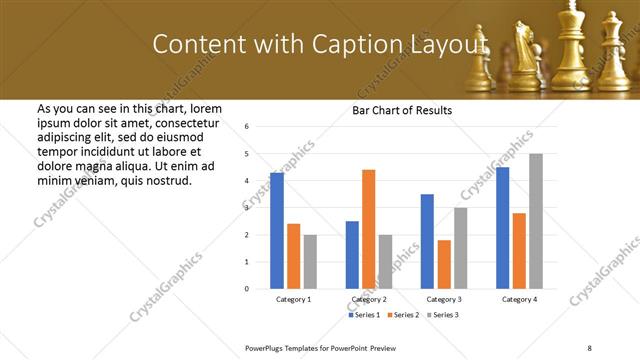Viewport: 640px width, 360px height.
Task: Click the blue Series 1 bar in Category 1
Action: [276, 230]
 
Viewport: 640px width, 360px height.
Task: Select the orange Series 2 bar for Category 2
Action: [368, 229]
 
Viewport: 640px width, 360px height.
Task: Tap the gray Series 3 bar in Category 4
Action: [536, 221]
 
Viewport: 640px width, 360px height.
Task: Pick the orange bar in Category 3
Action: [444, 264]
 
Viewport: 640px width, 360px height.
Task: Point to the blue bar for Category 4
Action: [502, 228]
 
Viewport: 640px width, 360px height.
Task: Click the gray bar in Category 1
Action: [310, 262]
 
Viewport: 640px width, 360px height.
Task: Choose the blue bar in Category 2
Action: [352, 255]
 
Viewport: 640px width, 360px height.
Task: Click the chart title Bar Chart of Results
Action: [402, 110]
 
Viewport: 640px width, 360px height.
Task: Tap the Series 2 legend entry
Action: [403, 315]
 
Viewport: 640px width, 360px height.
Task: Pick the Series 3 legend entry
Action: [441, 315]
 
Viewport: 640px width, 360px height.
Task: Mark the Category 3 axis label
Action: [444, 299]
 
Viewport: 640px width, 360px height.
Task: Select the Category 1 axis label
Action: [293, 299]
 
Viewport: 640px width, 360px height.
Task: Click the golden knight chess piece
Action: [524, 50]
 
